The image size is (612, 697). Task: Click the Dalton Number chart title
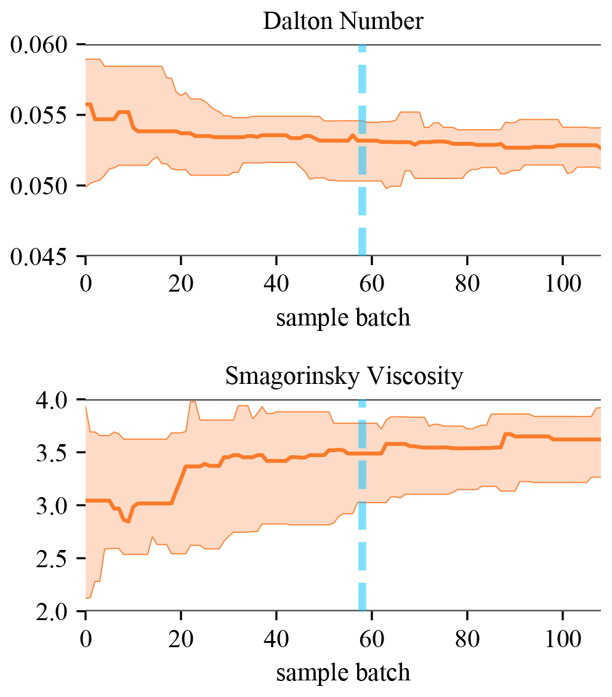343,22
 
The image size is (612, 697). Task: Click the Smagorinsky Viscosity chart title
344,376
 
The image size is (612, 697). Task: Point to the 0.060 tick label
41,45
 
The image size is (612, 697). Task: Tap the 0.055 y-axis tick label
41,116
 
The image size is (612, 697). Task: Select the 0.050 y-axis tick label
41,186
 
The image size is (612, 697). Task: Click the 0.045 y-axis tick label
41,257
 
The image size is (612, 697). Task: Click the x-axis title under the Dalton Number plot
343,318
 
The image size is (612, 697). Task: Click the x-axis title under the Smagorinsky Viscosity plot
343,673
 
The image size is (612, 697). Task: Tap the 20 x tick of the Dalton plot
181,285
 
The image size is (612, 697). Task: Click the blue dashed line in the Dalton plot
362,154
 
